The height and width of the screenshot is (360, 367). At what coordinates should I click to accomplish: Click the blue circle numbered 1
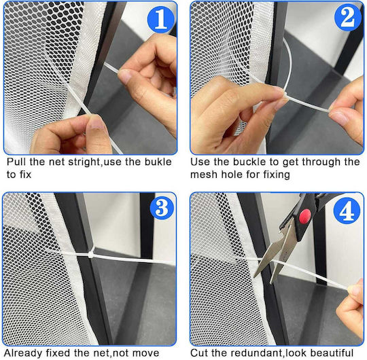pos(160,20)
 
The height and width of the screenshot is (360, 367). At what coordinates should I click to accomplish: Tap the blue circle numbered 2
pos(347,18)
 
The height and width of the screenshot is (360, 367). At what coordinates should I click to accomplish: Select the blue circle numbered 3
pos(162,207)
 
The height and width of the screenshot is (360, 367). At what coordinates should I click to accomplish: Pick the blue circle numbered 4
pos(347,211)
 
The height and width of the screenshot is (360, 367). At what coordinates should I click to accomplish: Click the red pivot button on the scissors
pos(305,217)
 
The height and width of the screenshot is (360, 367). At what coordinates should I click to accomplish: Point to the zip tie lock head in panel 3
pos(91,254)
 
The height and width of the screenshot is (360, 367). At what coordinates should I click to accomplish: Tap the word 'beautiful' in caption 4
pos(332,353)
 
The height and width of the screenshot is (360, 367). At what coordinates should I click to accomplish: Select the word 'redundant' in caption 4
pos(260,353)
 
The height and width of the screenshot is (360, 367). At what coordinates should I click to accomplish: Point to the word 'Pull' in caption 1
pos(16,162)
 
